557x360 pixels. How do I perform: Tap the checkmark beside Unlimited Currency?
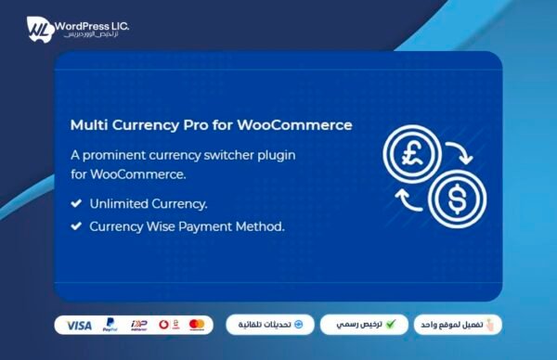click(x=75, y=203)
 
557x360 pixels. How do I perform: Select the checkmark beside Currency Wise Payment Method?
click(x=75, y=225)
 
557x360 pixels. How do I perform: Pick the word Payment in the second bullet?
click(x=218, y=225)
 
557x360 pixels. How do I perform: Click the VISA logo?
click(x=80, y=325)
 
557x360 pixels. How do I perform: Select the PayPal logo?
click(x=111, y=325)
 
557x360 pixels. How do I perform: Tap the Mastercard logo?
click(x=196, y=325)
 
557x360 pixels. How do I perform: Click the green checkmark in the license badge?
click(x=391, y=325)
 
